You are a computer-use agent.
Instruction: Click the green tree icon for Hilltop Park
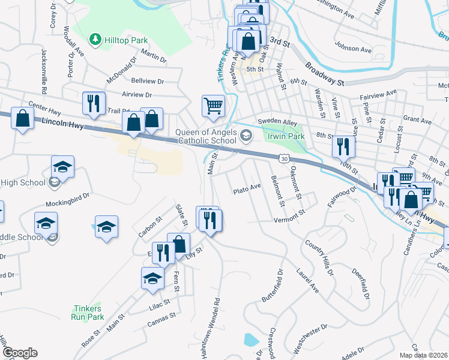click(95, 39)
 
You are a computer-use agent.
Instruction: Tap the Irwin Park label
click(285, 137)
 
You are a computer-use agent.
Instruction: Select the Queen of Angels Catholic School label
click(206, 137)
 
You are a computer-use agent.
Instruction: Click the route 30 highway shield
click(285, 157)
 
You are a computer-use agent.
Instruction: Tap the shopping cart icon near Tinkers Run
click(213, 106)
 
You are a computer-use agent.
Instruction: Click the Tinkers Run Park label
click(88, 313)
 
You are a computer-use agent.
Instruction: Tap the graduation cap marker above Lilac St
click(152, 278)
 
